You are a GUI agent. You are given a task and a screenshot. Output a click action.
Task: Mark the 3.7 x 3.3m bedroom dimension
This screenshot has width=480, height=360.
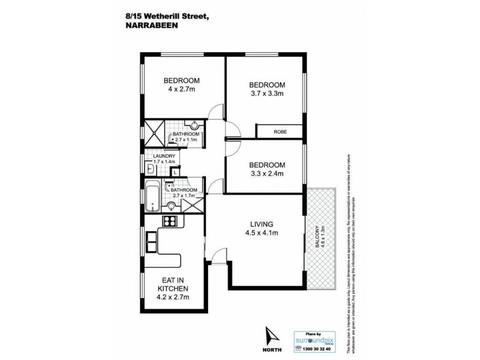268,94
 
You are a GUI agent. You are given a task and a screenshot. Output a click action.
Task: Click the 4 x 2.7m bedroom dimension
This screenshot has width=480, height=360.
182,90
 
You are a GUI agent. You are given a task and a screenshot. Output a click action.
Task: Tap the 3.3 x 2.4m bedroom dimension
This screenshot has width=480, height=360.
267,174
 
